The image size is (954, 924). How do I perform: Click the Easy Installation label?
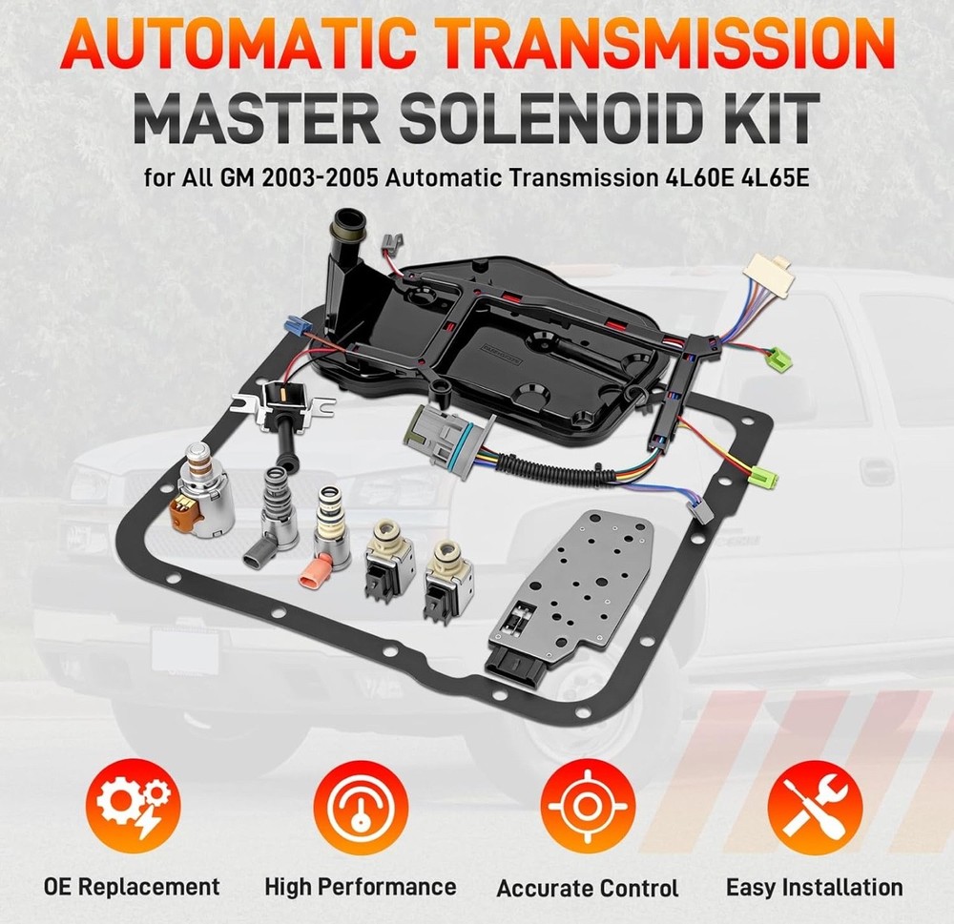815,888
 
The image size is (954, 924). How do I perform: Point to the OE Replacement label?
132,887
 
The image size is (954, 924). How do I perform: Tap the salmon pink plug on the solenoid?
315,573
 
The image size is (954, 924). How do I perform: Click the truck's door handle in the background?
876,470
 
